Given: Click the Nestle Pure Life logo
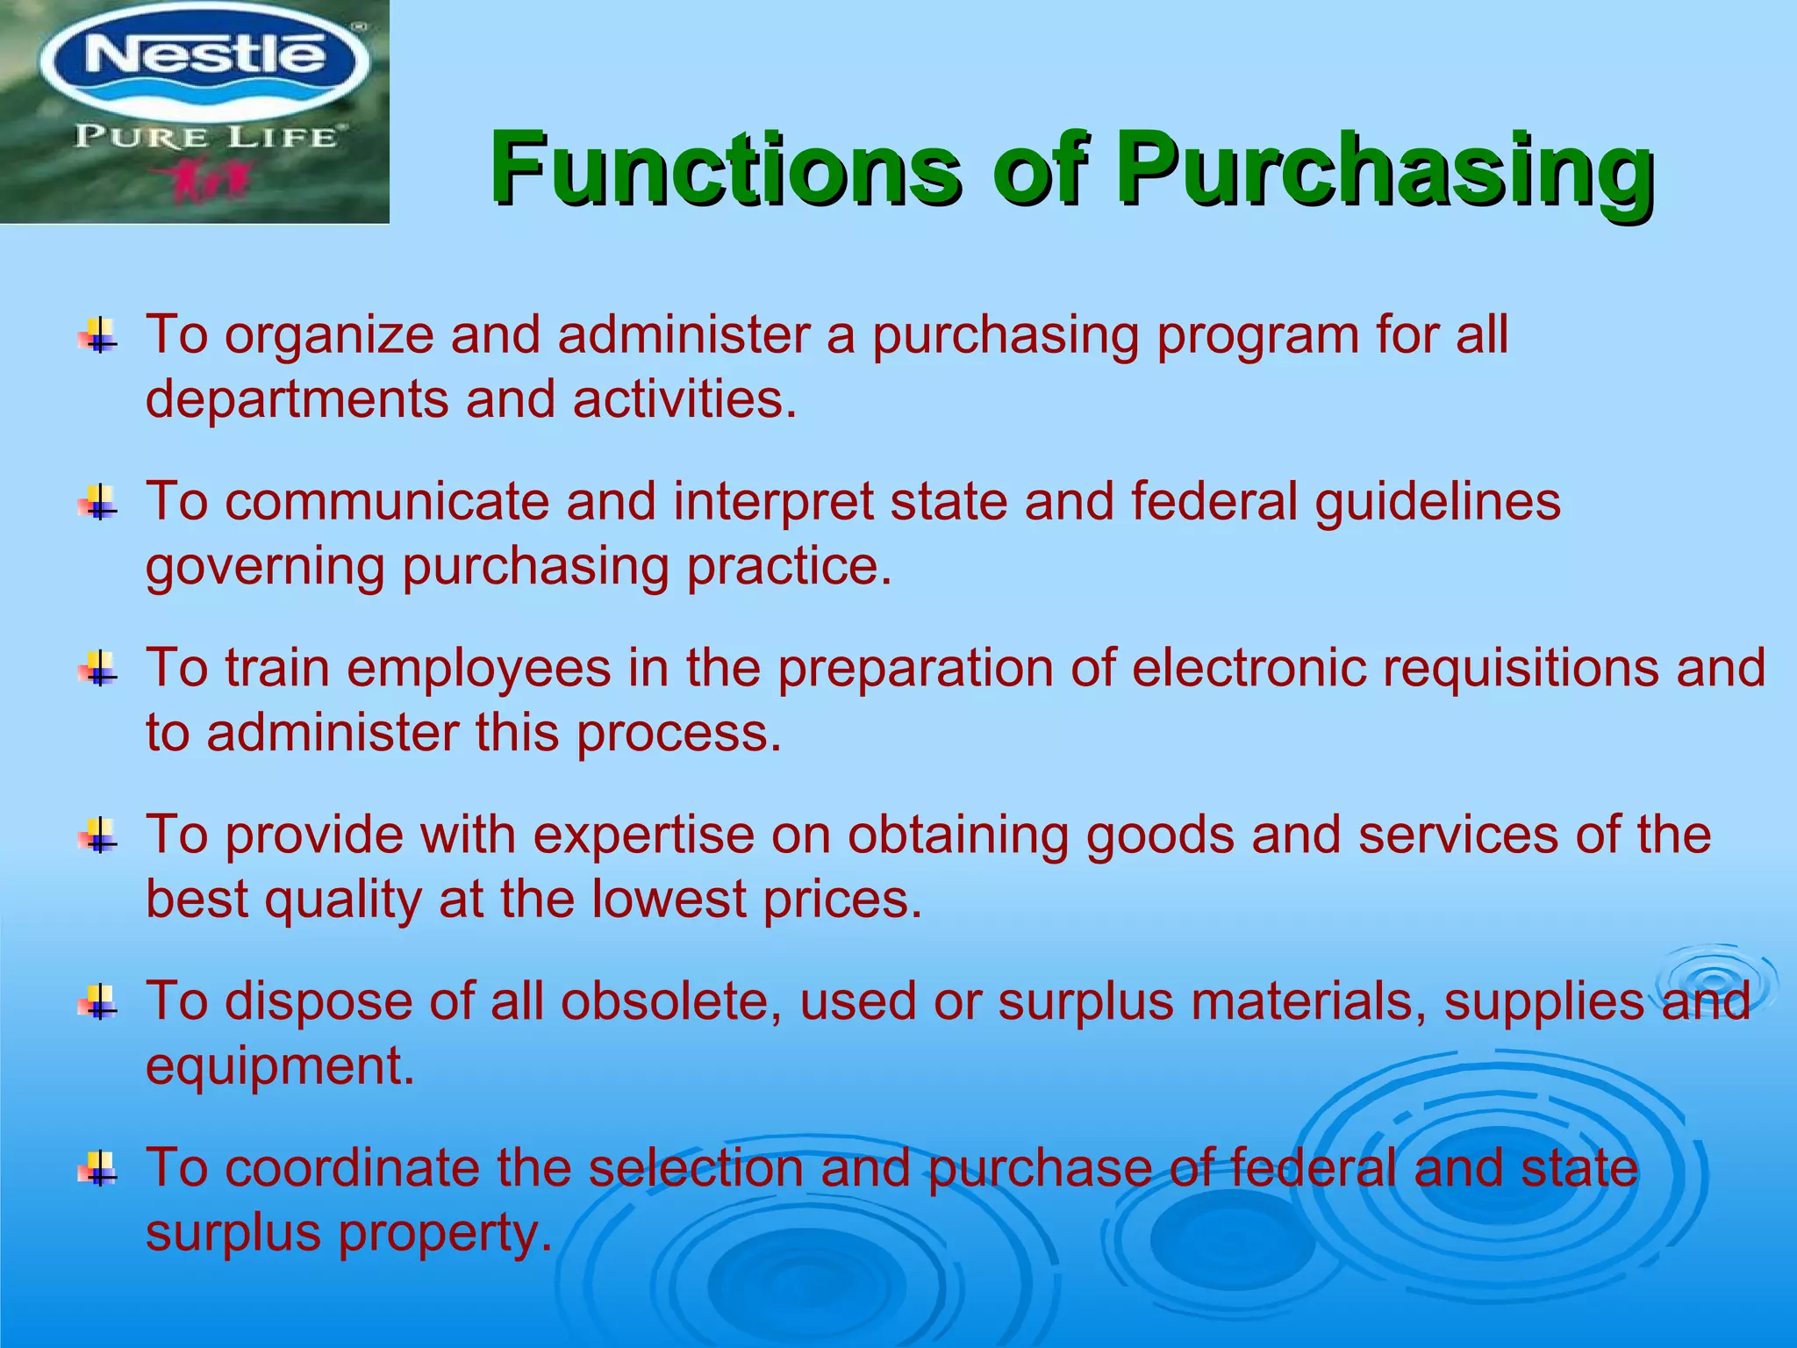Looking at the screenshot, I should (194, 111).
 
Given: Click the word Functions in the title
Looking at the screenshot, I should (725, 168).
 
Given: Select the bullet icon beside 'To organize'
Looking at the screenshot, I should (99, 335).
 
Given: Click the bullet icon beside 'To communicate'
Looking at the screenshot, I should (99, 502).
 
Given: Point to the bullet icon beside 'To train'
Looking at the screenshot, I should (99, 669).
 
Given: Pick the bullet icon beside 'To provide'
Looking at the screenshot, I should (99, 835).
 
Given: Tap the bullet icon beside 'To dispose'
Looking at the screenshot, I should (99, 1002).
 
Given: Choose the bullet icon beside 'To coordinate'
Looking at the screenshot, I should (99, 1169).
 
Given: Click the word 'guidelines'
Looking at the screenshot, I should (1437, 502).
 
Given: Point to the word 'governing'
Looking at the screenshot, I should (264, 567).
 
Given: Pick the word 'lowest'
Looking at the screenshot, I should (669, 900).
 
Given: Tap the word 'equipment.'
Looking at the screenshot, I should (280, 1067).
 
